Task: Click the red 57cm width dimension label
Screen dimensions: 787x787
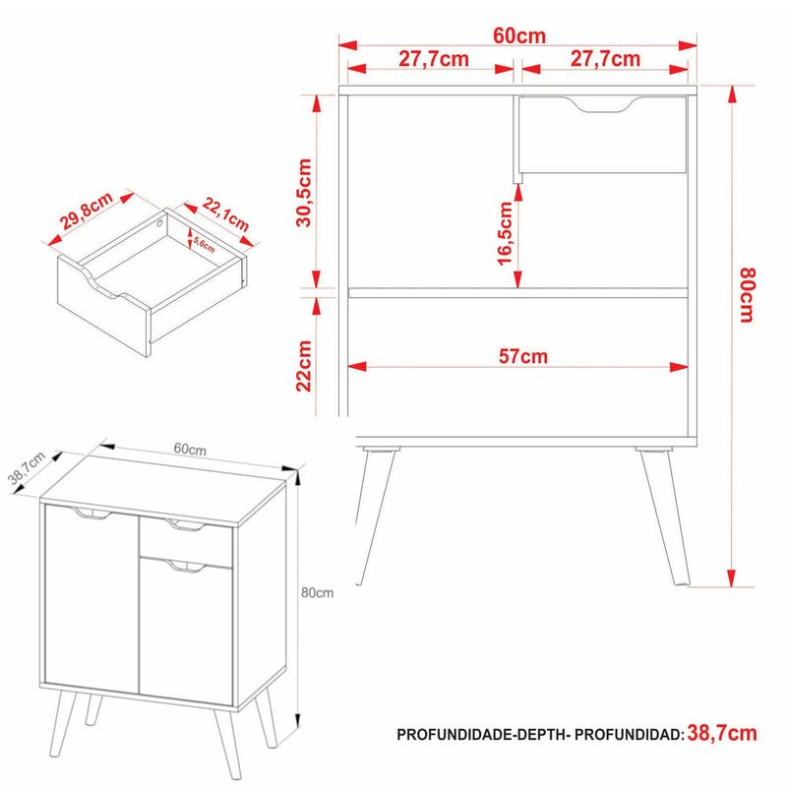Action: pyautogui.click(x=523, y=356)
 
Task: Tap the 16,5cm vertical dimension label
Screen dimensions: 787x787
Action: pyautogui.click(x=505, y=233)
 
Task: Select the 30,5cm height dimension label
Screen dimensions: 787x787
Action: pyautogui.click(x=304, y=193)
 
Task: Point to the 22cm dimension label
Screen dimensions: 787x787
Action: pyautogui.click(x=304, y=366)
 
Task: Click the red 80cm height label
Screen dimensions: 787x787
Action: pyautogui.click(x=747, y=295)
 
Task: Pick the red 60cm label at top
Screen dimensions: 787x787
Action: pyautogui.click(x=519, y=35)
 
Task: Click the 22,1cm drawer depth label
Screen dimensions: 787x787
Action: pyautogui.click(x=226, y=214)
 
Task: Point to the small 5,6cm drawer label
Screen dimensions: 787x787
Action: pyautogui.click(x=204, y=245)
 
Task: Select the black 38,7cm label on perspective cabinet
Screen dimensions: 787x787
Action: pyautogui.click(x=27, y=468)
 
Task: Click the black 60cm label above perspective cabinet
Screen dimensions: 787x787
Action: pyautogui.click(x=190, y=449)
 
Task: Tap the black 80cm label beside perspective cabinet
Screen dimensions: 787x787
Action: pyautogui.click(x=317, y=593)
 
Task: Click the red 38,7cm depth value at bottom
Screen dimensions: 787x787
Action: pyautogui.click(x=722, y=733)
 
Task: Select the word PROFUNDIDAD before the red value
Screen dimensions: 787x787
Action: pyautogui.click(x=630, y=735)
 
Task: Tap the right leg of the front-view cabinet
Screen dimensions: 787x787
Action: pyautogui.click(x=663, y=517)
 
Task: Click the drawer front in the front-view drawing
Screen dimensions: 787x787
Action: pyautogui.click(x=602, y=135)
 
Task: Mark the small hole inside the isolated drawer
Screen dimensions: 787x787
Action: pyautogui.click(x=159, y=224)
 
